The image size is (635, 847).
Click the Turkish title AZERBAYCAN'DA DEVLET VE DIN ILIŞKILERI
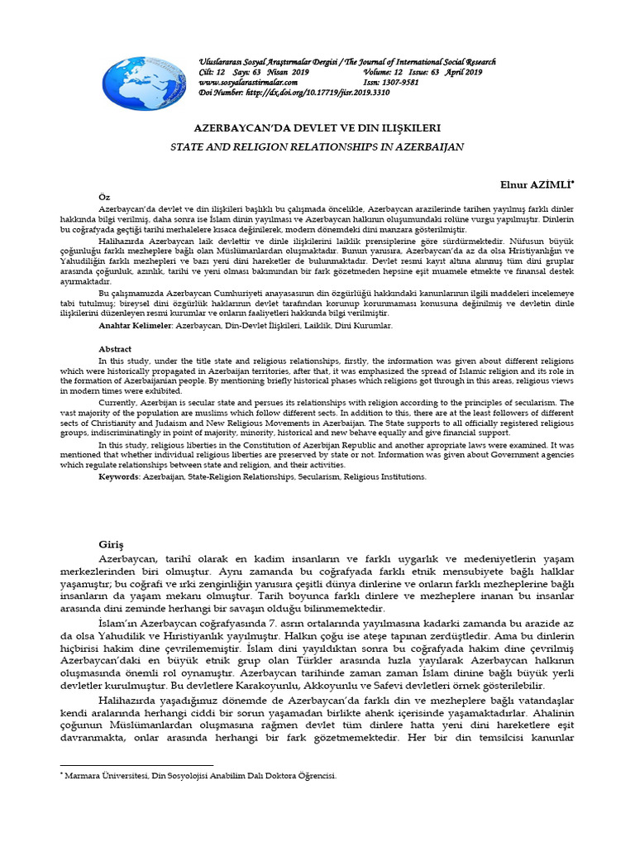pos(317,129)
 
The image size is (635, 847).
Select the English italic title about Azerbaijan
pos(317,146)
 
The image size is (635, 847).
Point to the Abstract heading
pos(115,348)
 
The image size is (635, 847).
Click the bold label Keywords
pos(119,477)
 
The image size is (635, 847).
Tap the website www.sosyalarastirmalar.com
pos(250,83)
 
